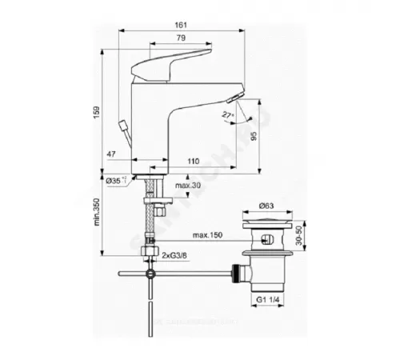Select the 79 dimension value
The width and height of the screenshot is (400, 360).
click(x=182, y=38)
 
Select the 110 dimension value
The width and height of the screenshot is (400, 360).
click(x=193, y=162)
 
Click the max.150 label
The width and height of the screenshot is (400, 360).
click(x=207, y=235)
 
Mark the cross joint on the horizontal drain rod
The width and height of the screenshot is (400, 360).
click(x=150, y=274)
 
